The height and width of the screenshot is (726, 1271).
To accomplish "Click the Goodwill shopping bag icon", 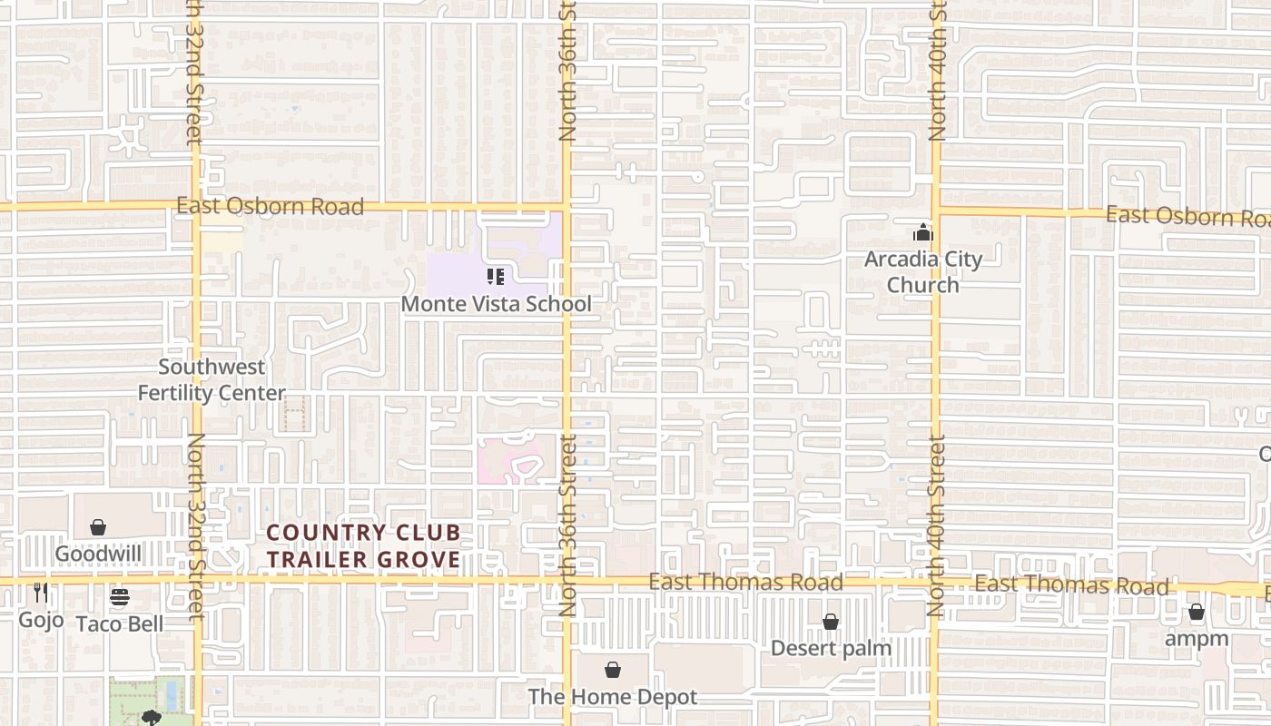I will click(98, 527).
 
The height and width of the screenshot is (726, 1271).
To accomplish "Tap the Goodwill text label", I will click(97, 554).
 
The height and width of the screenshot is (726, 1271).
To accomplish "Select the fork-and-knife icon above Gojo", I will click(41, 594).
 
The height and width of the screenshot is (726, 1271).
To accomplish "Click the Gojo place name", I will click(41, 620).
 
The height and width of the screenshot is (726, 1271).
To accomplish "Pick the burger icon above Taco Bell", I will click(120, 597).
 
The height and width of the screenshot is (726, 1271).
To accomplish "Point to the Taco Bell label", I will click(120, 623).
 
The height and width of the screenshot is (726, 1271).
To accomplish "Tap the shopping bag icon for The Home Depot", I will click(613, 670).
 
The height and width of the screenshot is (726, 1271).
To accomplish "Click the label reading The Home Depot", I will click(613, 697).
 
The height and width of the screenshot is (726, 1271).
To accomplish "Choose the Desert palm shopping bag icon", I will click(830, 622).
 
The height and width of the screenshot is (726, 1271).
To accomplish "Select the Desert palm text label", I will click(831, 648).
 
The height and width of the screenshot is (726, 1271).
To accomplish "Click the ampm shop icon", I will click(1197, 613).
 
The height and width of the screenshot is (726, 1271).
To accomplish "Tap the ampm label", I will click(1197, 639).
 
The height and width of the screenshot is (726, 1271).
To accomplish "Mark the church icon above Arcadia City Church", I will click(922, 232).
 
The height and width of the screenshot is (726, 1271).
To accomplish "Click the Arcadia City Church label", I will click(922, 271).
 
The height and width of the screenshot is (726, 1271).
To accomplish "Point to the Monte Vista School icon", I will click(496, 277).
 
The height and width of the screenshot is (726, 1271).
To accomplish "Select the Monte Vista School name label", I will click(496, 304).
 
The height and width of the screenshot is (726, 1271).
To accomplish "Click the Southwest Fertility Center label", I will click(212, 380).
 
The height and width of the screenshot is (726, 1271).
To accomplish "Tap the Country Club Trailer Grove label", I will click(364, 546).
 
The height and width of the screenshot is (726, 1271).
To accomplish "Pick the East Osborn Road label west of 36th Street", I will click(270, 207).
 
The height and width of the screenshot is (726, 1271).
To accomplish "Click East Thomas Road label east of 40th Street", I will click(1071, 585).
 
